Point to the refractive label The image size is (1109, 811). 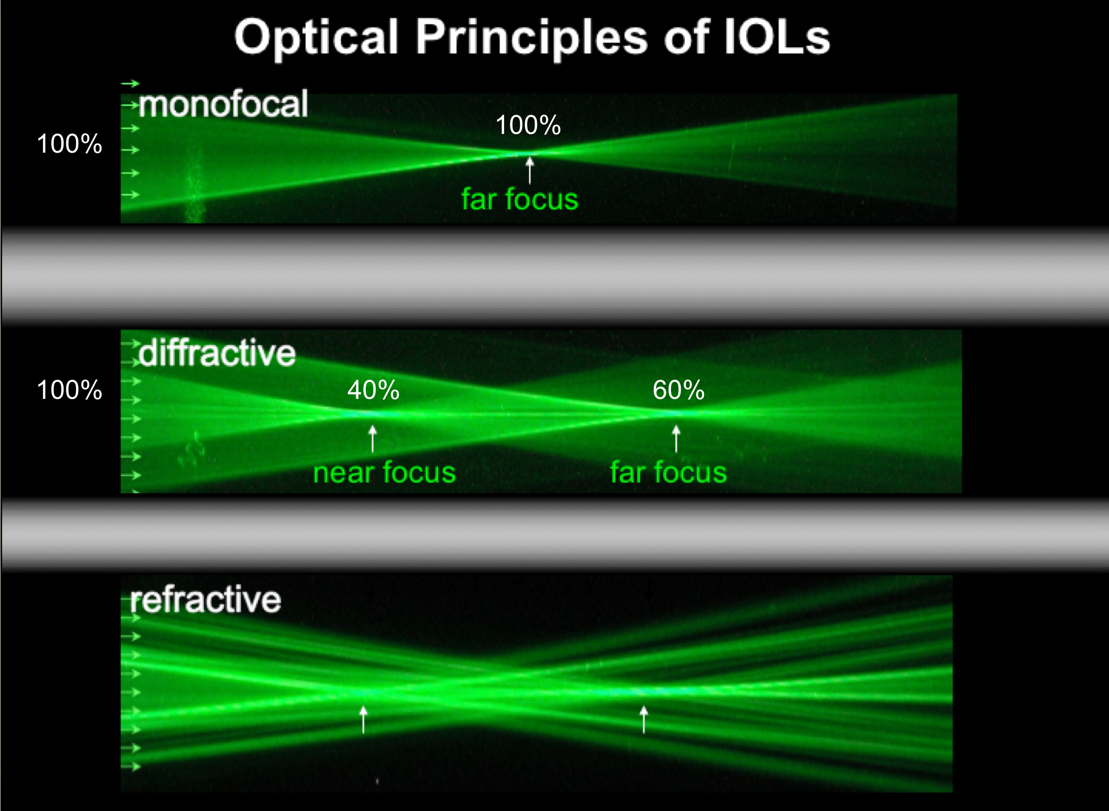[205, 599]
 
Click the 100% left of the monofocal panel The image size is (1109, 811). [69, 144]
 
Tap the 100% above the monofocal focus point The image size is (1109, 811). [528, 125]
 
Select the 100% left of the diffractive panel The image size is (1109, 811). [69, 390]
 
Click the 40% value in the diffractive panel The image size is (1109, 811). [373, 390]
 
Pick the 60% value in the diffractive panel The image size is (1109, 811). [678, 390]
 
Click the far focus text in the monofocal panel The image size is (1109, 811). [519, 199]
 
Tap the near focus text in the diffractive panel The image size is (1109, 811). [384, 473]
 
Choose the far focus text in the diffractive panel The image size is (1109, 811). [668, 473]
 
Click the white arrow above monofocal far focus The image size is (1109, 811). [530, 170]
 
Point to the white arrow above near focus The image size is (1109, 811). [373, 438]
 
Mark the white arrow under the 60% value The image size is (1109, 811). [676, 438]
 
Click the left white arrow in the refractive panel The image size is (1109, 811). [363, 719]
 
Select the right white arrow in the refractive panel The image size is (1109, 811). [643, 719]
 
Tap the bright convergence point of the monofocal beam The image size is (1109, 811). [527, 153]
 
